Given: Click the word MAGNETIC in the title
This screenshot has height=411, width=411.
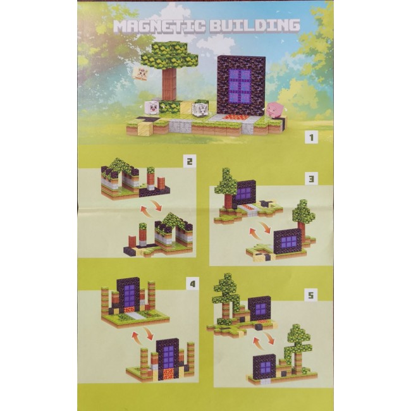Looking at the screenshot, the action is pyautogui.click(x=160, y=26).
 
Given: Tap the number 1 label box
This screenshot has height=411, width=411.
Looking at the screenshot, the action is pyautogui.click(x=311, y=137).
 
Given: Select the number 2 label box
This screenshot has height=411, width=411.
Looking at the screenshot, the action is pyautogui.click(x=189, y=161).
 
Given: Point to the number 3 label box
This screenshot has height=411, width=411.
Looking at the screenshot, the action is pyautogui.click(x=311, y=179).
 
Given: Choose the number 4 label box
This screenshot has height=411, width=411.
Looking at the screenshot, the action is pyautogui.click(x=193, y=284).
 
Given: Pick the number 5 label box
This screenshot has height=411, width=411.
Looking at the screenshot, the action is pyautogui.click(x=310, y=295).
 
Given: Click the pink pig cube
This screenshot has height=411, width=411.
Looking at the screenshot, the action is pyautogui.click(x=275, y=109).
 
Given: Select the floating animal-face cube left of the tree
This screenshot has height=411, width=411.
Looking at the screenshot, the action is pyautogui.click(x=142, y=73).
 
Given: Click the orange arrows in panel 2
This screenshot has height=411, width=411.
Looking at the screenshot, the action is pyautogui.click(x=152, y=205).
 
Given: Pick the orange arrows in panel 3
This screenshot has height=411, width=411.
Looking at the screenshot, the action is pyautogui.click(x=260, y=228).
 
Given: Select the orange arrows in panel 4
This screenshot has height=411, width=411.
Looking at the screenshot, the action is pyautogui.click(x=142, y=333).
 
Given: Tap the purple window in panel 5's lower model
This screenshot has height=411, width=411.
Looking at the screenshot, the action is pyautogui.click(x=265, y=368).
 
